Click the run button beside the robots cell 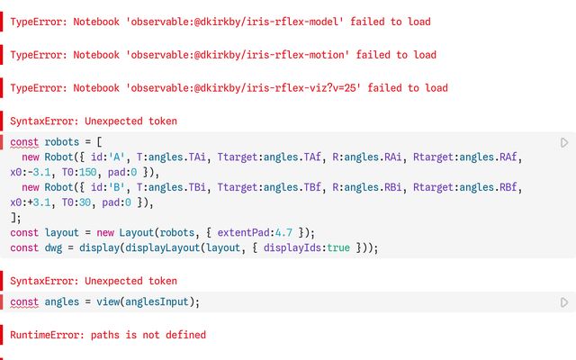pos(564,142)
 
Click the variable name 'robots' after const pos(62,142)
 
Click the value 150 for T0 pos(88,172)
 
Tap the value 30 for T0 pos(85,202)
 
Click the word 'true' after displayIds pos(338,247)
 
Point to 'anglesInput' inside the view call pos(157,302)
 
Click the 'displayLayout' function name pos(162,247)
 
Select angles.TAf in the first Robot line pos(292,157)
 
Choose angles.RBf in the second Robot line pos(488,187)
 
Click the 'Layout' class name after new pos(137,232)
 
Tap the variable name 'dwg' pos(53,247)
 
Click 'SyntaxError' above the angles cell pos(41,281)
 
